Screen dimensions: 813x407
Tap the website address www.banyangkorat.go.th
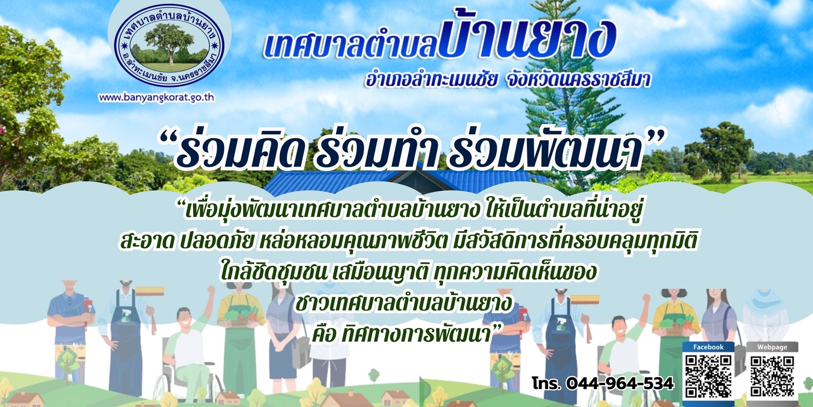pos(156,97)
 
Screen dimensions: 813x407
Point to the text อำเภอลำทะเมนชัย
pos(431,80)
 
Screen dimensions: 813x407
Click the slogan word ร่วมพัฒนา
pos(546,148)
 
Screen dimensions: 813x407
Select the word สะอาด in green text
pos(146,241)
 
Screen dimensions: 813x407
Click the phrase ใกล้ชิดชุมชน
pos(274,271)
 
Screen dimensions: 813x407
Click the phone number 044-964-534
pos(620,383)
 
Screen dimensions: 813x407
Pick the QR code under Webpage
pos(772,376)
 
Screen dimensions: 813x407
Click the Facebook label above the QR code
pos(708,347)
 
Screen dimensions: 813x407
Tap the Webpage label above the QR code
pos(772,347)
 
